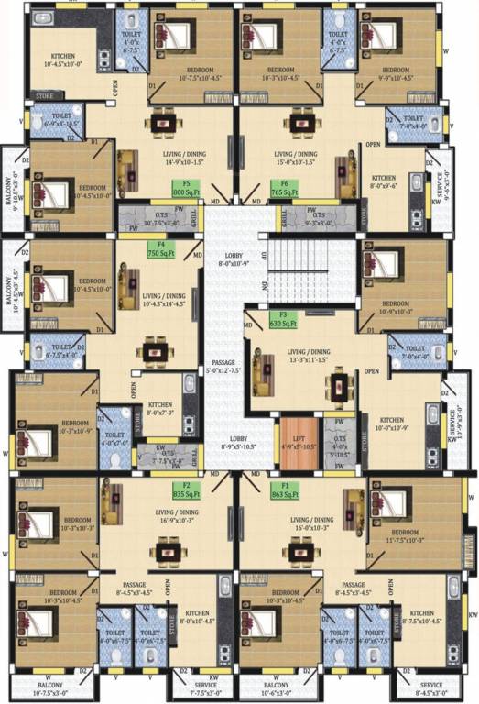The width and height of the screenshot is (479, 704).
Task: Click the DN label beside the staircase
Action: click(265, 285)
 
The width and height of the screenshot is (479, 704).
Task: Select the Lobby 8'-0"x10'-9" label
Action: click(230, 259)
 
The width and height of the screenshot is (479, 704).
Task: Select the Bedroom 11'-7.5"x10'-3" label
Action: click(403, 536)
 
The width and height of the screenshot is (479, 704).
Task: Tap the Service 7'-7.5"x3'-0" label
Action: click(205, 689)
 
